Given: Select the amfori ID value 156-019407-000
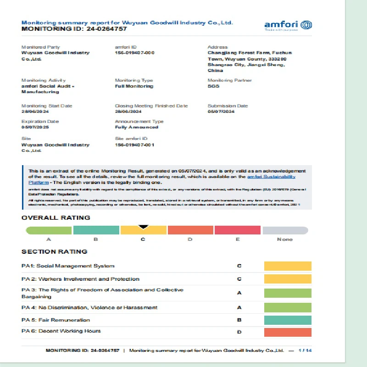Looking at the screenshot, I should (134, 53).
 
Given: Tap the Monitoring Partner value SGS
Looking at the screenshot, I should (213, 86).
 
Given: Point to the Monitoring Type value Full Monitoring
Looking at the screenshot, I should (134, 86).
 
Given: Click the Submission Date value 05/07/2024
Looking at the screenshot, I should (221, 111).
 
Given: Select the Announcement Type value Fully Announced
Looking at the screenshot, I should (136, 127).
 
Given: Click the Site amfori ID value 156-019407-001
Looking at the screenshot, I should (134, 145).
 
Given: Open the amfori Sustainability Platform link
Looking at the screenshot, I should (271, 177).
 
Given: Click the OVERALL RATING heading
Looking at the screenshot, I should (56, 218).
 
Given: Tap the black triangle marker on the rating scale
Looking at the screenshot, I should (143, 226).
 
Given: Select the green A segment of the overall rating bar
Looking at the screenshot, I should (49, 230).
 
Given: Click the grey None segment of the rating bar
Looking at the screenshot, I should (285, 230).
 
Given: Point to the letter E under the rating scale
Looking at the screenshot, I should (238, 239).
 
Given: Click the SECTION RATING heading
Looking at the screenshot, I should (54, 252).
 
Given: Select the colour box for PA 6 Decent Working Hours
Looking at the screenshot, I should (288, 332).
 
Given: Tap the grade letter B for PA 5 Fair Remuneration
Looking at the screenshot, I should (239, 320).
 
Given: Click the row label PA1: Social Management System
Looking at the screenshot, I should (68, 266).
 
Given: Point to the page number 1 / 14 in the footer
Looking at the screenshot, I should (305, 350).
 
